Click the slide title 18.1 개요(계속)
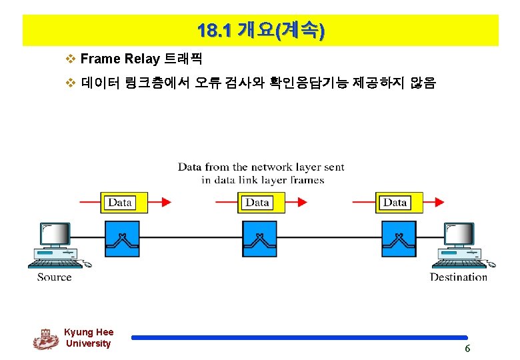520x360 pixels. click(x=261, y=31)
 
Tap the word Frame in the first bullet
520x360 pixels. click(x=100, y=59)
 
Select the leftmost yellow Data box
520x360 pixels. click(x=120, y=203)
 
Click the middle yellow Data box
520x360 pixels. click(x=257, y=203)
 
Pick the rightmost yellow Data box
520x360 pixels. click(x=395, y=203)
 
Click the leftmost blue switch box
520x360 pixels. click(x=123, y=239)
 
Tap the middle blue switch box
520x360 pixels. click(x=259, y=239)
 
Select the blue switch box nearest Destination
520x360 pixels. click(x=399, y=239)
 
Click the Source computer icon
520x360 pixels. click(x=57, y=244)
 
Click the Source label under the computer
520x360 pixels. click(x=54, y=277)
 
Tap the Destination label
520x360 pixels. click(x=459, y=277)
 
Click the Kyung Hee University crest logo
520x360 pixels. click(x=45, y=339)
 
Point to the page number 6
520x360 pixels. click(x=467, y=349)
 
